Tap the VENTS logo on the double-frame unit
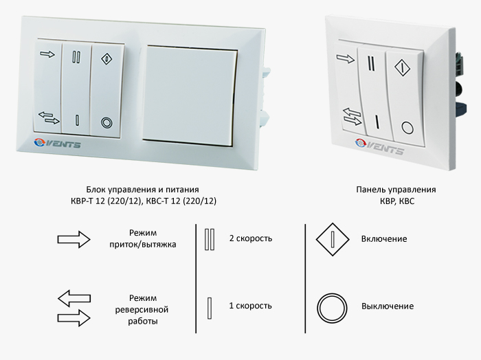(57, 143)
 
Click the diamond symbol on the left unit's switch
(107, 58)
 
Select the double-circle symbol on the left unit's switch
(107, 123)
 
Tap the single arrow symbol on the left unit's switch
(47, 54)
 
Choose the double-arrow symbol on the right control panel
(352, 117)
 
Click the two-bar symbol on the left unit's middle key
(76, 57)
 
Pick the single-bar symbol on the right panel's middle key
(377, 122)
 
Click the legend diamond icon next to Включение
(333, 239)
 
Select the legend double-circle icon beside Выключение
(332, 308)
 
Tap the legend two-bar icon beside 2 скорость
(210, 239)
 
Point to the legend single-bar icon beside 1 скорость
(210, 308)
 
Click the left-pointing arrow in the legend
(74, 298)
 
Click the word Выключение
(388, 306)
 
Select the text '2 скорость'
(251, 238)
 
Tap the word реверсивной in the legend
(142, 310)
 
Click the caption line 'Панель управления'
(396, 190)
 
